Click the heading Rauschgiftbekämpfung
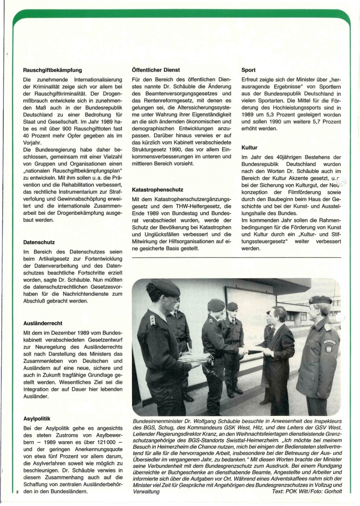click(x=52, y=70)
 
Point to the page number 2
click(x=17, y=492)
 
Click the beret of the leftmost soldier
click(x=166, y=288)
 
